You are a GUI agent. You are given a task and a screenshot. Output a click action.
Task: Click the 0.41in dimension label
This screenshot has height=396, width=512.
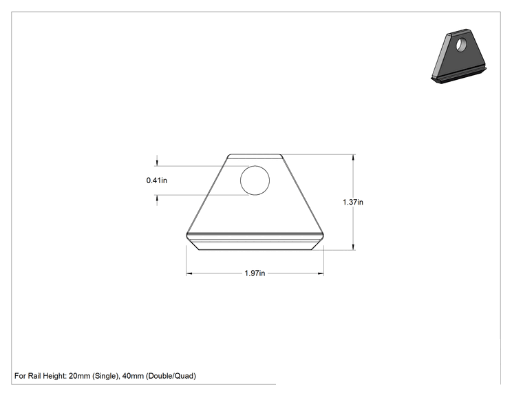click(157, 180)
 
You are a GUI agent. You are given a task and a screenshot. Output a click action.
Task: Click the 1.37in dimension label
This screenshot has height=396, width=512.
click(353, 202)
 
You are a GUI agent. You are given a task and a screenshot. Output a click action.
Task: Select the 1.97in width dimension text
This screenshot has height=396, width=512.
click(255, 273)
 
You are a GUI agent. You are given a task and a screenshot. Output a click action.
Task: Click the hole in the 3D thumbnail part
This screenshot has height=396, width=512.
click(461, 45)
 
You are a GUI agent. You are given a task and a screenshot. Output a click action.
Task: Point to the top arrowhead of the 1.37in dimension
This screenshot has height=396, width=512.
click(353, 158)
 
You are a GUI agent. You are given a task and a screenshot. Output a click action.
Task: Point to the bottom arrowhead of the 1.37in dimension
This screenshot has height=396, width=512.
click(353, 247)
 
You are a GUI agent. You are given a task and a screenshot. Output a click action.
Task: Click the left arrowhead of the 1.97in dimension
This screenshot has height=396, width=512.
click(189, 273)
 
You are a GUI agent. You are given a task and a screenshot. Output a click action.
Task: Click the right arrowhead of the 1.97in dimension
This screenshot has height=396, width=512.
click(320, 273)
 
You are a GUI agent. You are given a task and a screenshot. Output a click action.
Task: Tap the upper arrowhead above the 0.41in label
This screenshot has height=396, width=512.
click(157, 163)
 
